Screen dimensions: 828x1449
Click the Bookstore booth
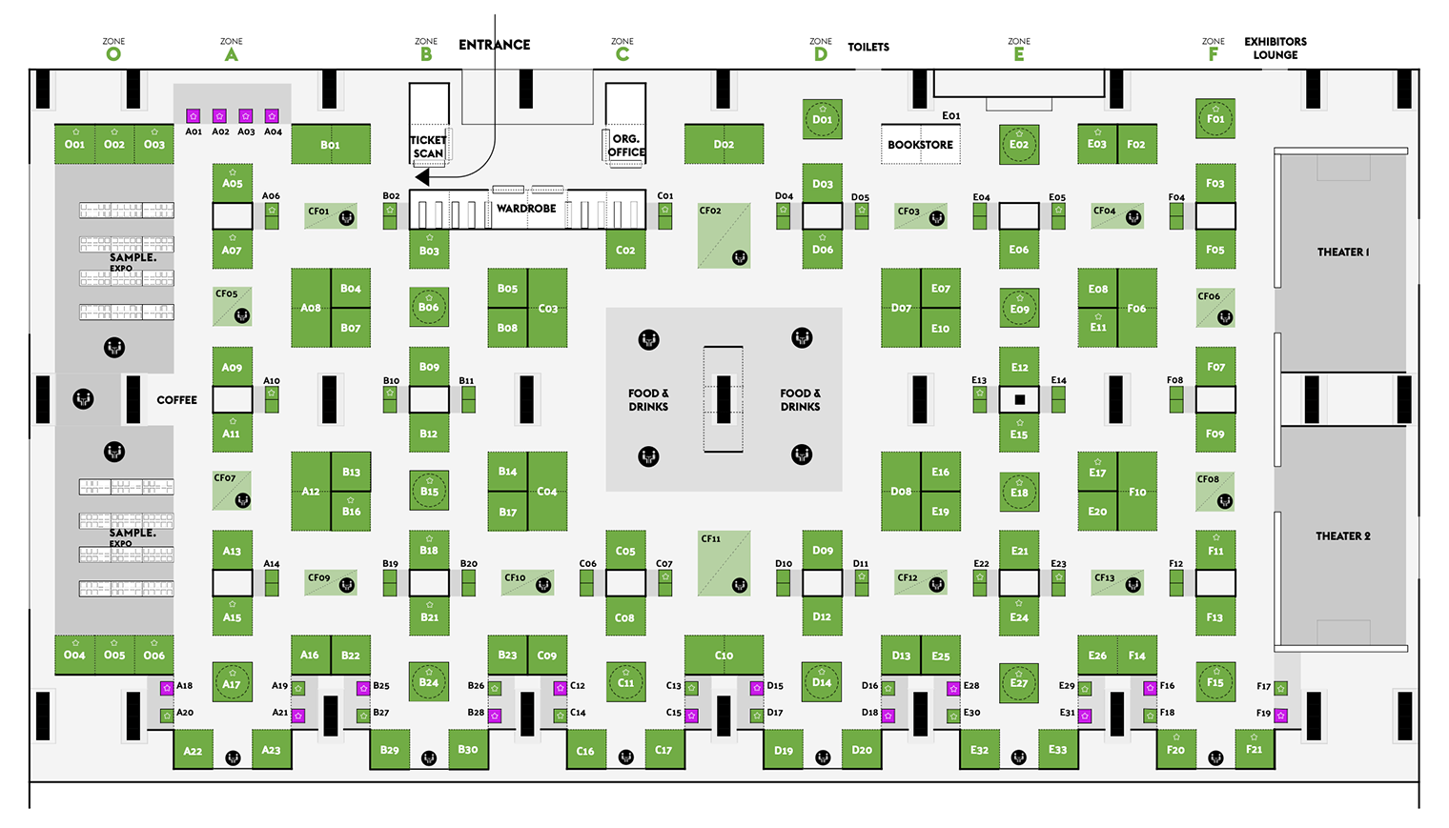920,145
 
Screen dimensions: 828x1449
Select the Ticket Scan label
428,147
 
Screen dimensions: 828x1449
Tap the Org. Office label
626,146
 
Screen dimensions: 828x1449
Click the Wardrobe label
526,209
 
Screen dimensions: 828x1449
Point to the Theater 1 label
1342,252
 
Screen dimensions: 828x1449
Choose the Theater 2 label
1342,536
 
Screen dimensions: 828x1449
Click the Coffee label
176,400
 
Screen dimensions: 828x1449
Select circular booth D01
822,120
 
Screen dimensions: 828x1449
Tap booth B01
330,145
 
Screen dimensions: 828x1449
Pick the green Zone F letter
1213,54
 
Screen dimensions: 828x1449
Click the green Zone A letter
231,54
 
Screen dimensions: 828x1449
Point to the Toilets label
868,47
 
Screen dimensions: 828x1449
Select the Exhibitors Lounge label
1275,49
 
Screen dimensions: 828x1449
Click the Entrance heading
494,45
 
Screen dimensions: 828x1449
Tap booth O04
74,655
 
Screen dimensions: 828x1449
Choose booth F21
1254,750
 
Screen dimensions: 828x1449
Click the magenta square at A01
193,116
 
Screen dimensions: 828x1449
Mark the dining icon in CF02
739,257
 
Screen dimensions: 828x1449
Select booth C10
724,655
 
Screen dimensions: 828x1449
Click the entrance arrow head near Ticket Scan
422,177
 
